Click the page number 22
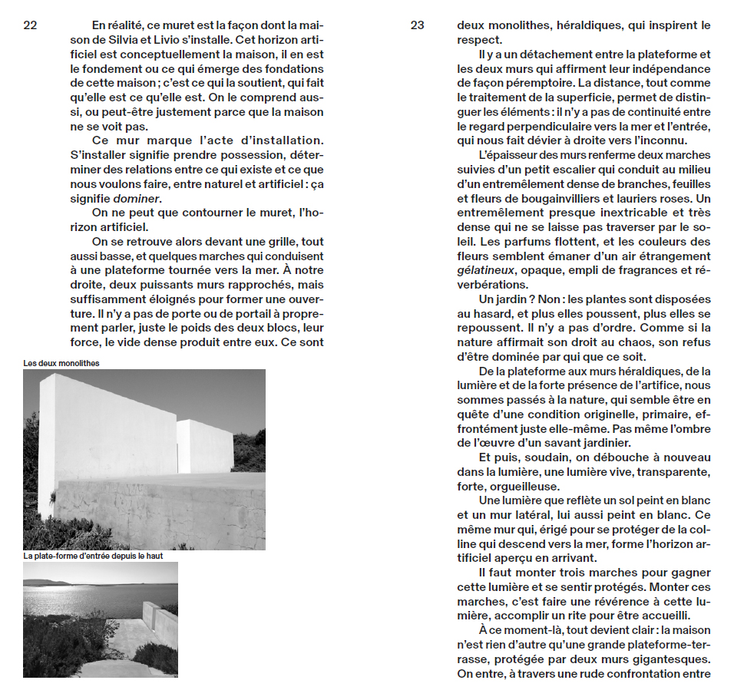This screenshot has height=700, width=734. (x=30, y=25)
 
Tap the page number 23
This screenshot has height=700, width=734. (x=417, y=25)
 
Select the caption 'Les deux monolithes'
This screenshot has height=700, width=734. (x=61, y=362)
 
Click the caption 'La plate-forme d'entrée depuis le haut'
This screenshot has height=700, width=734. (x=93, y=555)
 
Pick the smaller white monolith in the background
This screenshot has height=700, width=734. (x=205, y=445)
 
